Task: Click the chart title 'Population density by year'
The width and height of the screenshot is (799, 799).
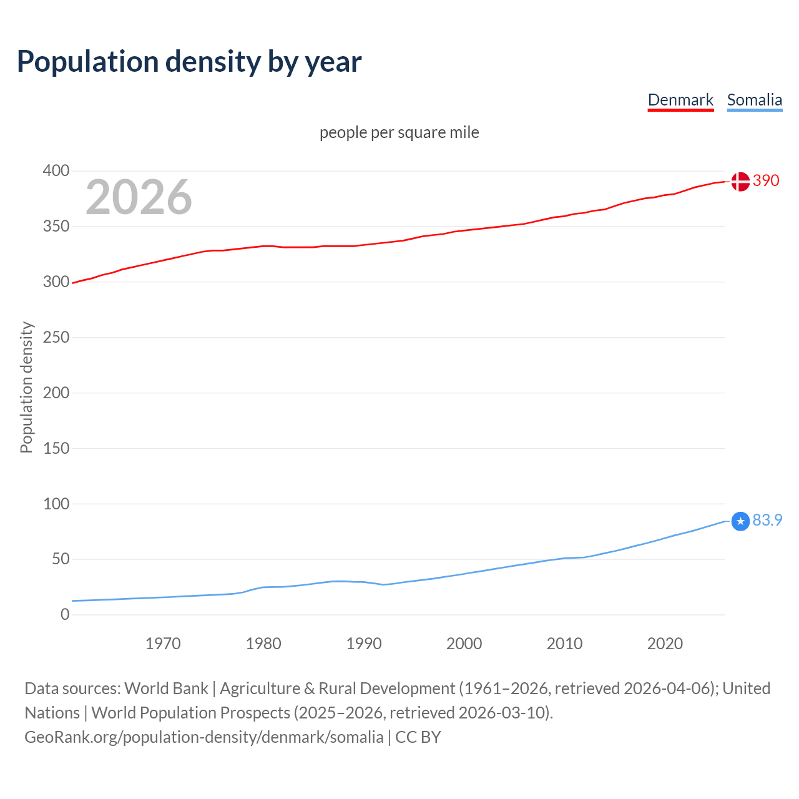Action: pyautogui.click(x=189, y=62)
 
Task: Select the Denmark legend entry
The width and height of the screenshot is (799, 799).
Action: pyautogui.click(x=680, y=100)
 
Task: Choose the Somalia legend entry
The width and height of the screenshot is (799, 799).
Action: pyautogui.click(x=754, y=100)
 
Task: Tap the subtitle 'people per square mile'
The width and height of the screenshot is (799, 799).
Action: pyautogui.click(x=399, y=132)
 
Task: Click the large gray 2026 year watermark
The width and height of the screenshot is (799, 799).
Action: pyautogui.click(x=139, y=197)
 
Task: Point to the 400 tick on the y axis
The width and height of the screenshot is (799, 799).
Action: pyautogui.click(x=56, y=170)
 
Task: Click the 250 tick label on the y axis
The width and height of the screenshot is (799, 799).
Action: pyautogui.click(x=56, y=337)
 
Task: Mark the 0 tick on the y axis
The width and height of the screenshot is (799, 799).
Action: pyautogui.click(x=64, y=614)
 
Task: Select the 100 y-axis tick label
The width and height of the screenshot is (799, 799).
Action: pyautogui.click(x=56, y=503)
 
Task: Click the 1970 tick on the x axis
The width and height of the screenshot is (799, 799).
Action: pyautogui.click(x=163, y=644)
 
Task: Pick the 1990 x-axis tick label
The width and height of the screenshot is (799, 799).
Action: pyautogui.click(x=364, y=644)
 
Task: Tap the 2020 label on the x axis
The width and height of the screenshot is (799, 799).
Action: pyautogui.click(x=665, y=644)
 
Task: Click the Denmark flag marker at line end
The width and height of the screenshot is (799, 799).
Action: pyautogui.click(x=740, y=182)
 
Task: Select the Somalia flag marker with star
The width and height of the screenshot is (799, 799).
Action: pyautogui.click(x=740, y=521)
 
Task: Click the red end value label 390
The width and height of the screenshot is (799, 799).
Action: pyautogui.click(x=766, y=181)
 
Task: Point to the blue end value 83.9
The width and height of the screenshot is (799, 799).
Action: pyautogui.click(x=767, y=520)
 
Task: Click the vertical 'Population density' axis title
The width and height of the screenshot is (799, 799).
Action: pyautogui.click(x=26, y=387)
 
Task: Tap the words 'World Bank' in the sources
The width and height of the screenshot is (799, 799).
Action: pyautogui.click(x=166, y=688)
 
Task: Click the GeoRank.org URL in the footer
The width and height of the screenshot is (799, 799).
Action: pyautogui.click(x=203, y=737)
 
